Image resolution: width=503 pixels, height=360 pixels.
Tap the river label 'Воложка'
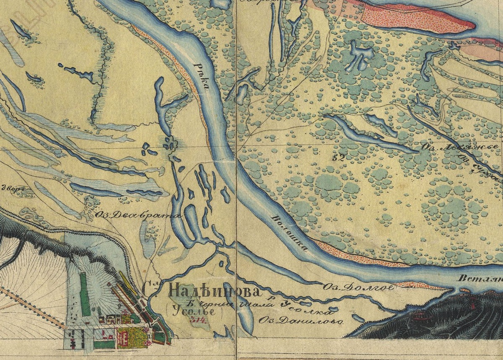[290, 233]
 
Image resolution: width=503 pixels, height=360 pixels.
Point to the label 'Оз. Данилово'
[301, 321]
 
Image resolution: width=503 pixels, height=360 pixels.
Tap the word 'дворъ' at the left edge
[11, 188]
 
